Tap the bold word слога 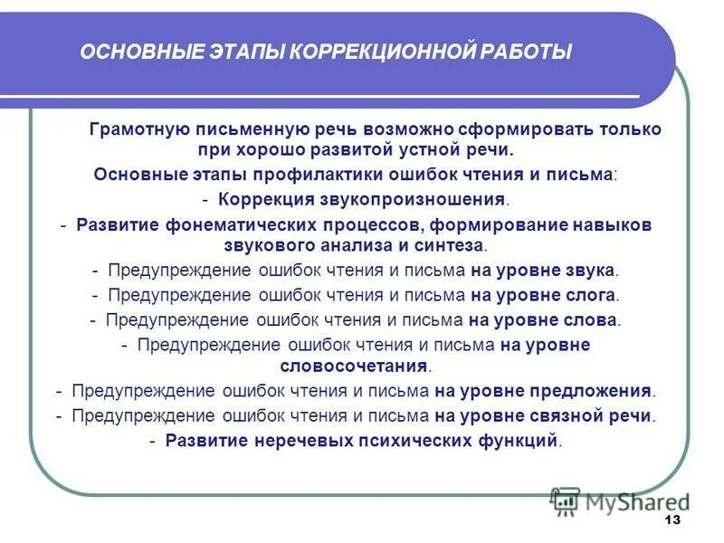[594, 295]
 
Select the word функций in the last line [523, 441]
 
